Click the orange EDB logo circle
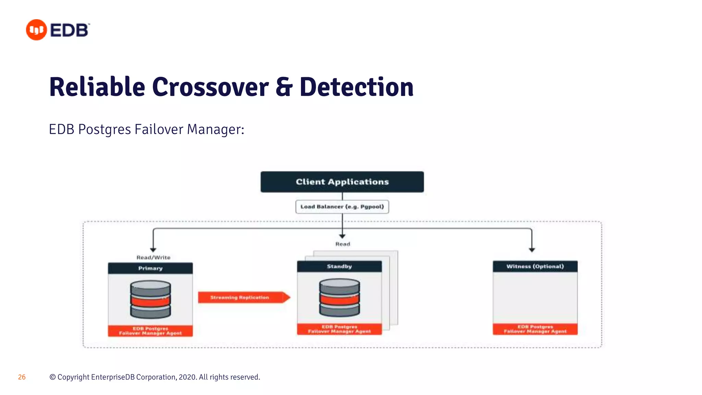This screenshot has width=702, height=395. pos(36,30)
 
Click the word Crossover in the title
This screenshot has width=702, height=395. pos(210,87)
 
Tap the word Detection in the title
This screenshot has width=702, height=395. pos(356,87)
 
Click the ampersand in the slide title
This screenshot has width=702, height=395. pos(284,87)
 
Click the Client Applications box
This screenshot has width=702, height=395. pos(342,182)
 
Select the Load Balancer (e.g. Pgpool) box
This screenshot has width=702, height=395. pos(342,207)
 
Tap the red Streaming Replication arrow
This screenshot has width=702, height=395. pos(243,297)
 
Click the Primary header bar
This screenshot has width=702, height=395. pos(150,268)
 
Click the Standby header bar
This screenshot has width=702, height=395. pos(339,266)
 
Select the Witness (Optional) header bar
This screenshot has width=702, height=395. pos(535,266)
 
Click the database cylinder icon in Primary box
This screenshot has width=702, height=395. pos(150,299)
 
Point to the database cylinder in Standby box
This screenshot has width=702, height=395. pos(339,297)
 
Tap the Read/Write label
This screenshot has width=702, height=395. pos(153,258)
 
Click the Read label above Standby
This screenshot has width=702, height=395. pos(342,244)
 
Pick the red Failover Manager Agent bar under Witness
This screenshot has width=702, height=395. pos(535,329)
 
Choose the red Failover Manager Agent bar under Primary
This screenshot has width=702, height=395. pos(150,331)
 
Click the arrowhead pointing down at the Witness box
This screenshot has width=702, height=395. pos(532,250)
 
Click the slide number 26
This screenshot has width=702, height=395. pos(22,377)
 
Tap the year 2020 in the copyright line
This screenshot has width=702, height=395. pos(187,377)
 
